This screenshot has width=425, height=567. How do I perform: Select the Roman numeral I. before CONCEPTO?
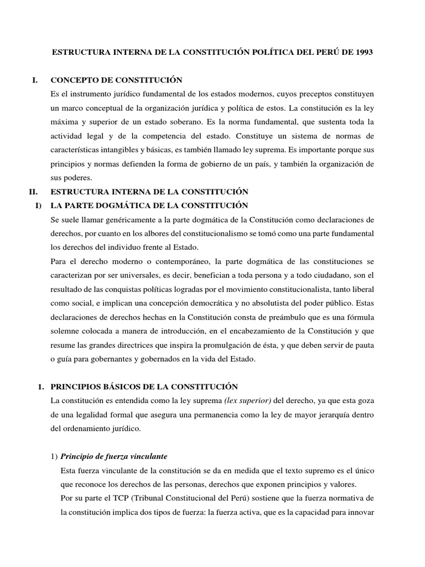pyautogui.click(x=34, y=80)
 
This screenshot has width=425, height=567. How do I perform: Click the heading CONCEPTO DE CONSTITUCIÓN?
pyautogui.click(x=116, y=80)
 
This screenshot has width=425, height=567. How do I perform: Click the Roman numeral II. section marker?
pyautogui.click(x=33, y=192)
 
